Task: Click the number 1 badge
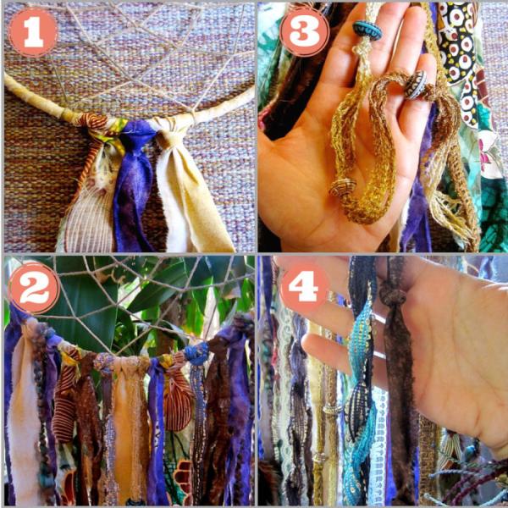[x=33, y=32]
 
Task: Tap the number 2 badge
[x=34, y=288]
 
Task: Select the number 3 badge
[x=305, y=32]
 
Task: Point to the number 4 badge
[x=305, y=286]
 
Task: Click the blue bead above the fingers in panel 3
[x=367, y=30]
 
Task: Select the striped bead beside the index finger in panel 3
[x=417, y=84]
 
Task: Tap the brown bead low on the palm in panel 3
[x=343, y=187]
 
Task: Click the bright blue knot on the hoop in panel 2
[x=197, y=353]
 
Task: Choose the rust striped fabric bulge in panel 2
[x=177, y=405]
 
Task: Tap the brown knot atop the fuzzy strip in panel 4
[x=393, y=294]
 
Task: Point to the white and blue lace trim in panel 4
[x=378, y=447]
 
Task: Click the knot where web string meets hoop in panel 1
[x=193, y=113]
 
